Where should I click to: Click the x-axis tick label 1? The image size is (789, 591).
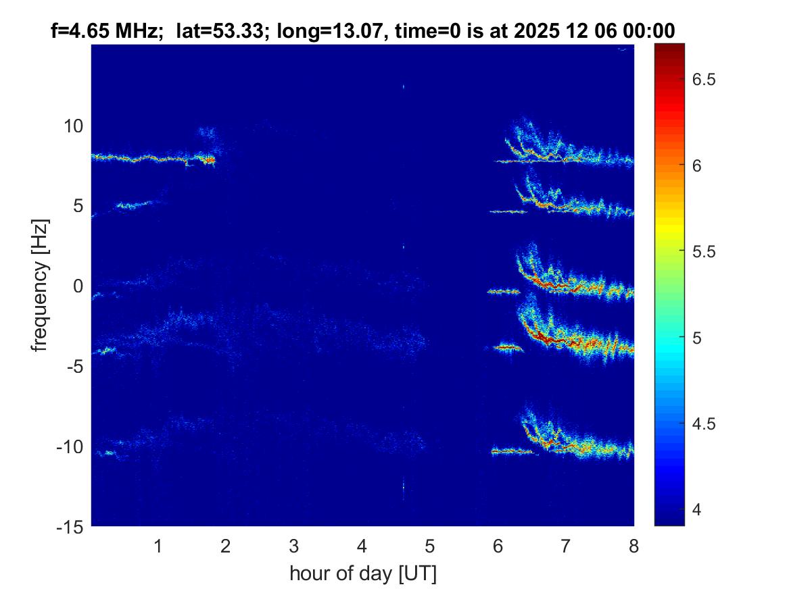coord(158,546)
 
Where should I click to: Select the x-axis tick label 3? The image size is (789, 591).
coord(294,546)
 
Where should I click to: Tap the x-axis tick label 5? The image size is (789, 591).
coord(430,546)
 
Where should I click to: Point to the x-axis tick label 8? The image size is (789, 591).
coord(633,546)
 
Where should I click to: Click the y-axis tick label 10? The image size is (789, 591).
coord(73,126)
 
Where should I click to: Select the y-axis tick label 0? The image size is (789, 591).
coord(78,286)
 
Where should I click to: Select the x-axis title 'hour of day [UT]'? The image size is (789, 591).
coord(362,573)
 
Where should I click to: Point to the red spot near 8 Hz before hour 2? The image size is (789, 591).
coord(210,160)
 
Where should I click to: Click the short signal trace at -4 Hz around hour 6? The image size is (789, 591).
coord(508,348)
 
